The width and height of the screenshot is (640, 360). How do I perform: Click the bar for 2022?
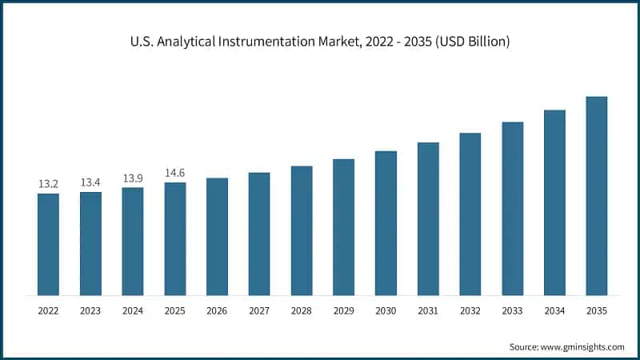pyautogui.click(x=48, y=244)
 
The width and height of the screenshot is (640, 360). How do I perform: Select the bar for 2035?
pyautogui.click(x=597, y=196)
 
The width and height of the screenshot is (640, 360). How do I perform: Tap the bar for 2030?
pyautogui.click(x=386, y=223)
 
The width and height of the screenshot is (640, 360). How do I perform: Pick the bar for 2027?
pyautogui.click(x=259, y=234)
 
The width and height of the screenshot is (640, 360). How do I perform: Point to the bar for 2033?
pyautogui.click(x=512, y=209)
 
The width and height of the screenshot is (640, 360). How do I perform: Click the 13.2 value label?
pyautogui.click(x=48, y=184)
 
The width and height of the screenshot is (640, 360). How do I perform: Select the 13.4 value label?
pyautogui.click(x=90, y=182)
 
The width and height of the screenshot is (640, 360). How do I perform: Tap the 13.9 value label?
pyautogui.click(x=133, y=178)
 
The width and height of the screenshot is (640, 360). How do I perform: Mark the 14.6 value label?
pyautogui.click(x=175, y=173)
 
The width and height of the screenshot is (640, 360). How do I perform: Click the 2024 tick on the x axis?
pyautogui.click(x=133, y=310)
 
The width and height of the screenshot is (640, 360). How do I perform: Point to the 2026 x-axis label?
pyautogui.click(x=217, y=310)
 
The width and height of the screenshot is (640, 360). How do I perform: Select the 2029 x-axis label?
pyautogui.click(x=343, y=310)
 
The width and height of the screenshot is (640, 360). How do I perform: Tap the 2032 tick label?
pyautogui.click(x=470, y=310)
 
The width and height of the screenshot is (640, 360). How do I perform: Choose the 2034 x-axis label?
pyautogui.click(x=554, y=310)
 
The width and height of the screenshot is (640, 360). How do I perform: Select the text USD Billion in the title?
pyautogui.click(x=471, y=41)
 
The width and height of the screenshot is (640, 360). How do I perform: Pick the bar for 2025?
pyautogui.click(x=175, y=238)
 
